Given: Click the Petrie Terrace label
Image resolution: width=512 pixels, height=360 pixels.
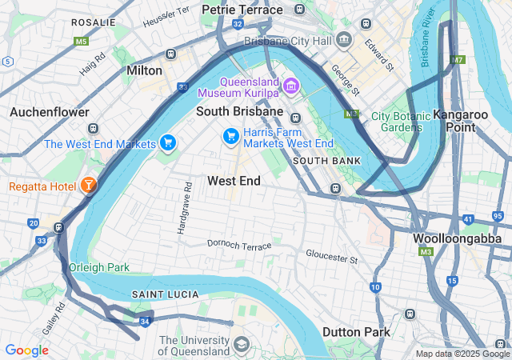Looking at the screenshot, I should (242, 10).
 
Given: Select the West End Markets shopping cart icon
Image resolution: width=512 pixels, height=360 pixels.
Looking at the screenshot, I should (167, 143).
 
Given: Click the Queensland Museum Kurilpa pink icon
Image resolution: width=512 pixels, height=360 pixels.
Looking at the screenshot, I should (290, 86).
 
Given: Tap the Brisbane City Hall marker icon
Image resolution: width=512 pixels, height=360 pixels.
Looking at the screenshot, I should (344, 40).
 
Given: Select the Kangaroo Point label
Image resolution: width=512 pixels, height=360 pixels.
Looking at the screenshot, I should (460, 121).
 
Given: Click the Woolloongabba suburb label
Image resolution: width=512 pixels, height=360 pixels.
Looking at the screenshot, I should (457, 238).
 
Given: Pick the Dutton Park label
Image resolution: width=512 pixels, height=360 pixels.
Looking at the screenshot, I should (356, 331).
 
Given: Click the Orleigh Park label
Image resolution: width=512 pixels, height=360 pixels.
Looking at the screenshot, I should (99, 267).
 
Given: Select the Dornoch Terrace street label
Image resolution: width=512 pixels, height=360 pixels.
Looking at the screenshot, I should (239, 245).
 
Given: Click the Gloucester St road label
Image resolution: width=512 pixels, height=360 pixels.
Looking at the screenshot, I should (331, 255).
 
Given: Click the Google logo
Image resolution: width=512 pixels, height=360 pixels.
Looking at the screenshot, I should (26, 350).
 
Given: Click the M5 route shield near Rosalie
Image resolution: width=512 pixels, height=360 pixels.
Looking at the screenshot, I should (80, 41).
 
